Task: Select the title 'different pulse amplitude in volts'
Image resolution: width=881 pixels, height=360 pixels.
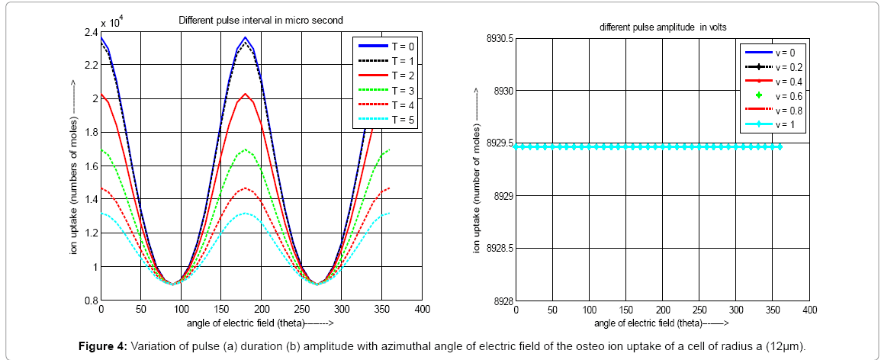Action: pos(663,27)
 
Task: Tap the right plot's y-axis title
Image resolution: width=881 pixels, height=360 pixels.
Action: pos(477,170)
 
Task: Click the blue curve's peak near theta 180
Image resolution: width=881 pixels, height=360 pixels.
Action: pos(245,37)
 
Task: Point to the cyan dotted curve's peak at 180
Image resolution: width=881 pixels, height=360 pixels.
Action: pos(245,213)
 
